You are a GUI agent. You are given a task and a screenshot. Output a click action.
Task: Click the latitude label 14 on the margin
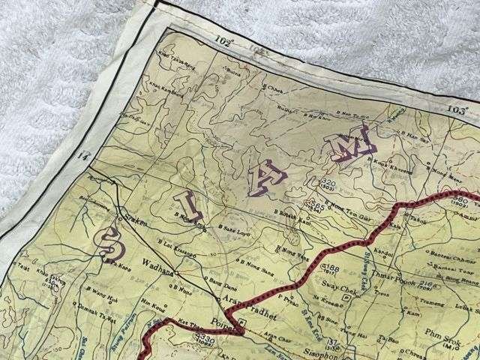[82, 156]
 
